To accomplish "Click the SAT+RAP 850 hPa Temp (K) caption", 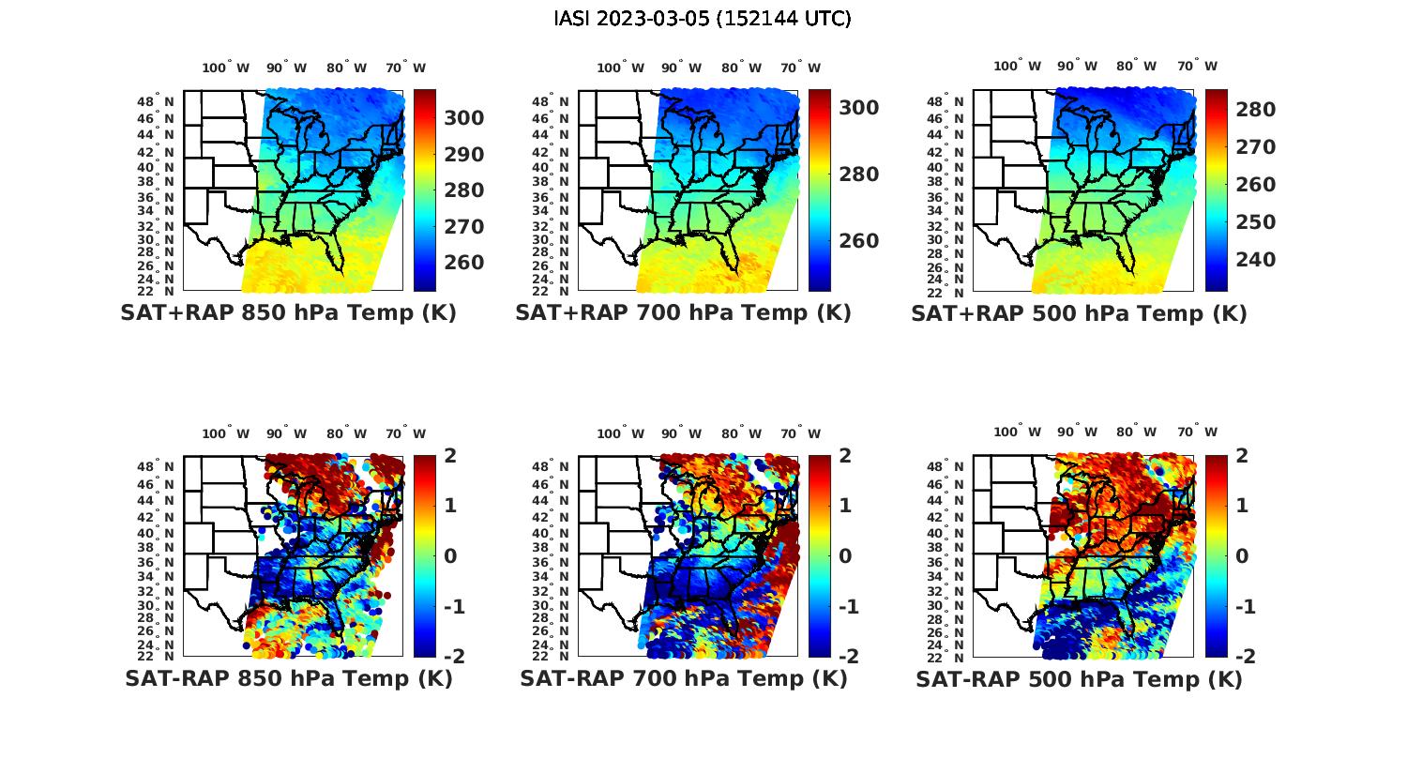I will click(288, 313).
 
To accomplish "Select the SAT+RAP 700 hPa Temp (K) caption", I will click(683, 313).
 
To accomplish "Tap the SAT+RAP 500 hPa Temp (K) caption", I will click(1079, 313).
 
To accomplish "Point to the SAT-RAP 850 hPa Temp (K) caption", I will click(288, 678).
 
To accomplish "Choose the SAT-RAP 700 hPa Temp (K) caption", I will click(683, 678).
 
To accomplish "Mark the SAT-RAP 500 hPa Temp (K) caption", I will click(1079, 679).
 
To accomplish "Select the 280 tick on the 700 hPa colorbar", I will click(859, 175).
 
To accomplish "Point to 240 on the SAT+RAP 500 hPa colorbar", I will click(1256, 259).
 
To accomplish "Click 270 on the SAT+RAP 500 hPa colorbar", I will click(1256, 147).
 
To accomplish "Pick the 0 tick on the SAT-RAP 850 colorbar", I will click(449, 555).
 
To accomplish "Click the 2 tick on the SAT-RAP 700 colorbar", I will click(844, 456).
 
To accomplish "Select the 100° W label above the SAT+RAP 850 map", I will click(225, 68).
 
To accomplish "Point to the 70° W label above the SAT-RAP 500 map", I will click(1197, 433).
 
